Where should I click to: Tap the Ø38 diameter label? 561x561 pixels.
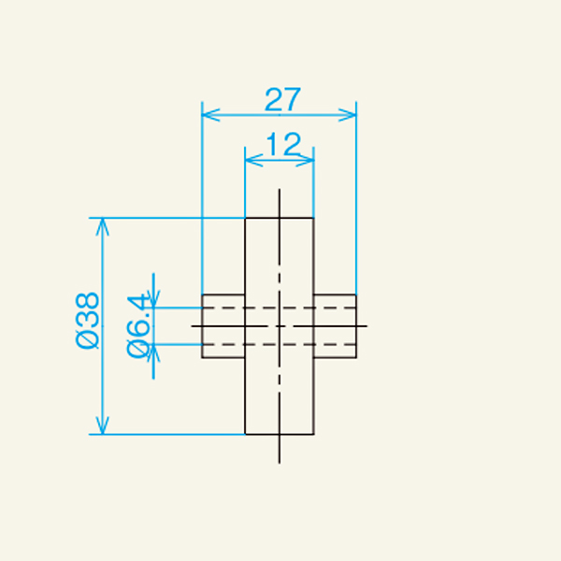[x=87, y=320]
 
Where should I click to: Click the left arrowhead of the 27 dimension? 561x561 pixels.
[x=209, y=115]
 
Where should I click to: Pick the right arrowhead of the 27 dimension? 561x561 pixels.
[x=351, y=115]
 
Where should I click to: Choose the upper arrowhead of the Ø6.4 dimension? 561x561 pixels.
[x=155, y=301]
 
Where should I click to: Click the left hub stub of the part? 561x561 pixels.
[x=223, y=325]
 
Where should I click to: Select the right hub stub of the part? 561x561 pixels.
[x=335, y=325]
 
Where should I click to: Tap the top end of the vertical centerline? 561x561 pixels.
[x=279, y=190]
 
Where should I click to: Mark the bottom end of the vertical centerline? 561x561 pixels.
[x=279, y=462]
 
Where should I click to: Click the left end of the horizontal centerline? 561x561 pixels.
[x=193, y=325]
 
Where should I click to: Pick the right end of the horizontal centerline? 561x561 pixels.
[x=367, y=325]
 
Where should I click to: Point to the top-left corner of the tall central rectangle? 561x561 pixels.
[x=245, y=218]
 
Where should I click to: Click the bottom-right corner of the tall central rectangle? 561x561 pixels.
[x=313, y=435]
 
